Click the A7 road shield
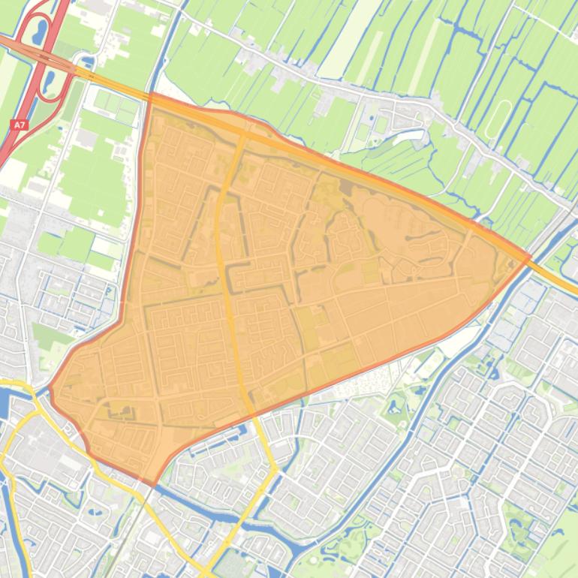pos(19,125)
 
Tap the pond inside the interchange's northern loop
pos(39,31)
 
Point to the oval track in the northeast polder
pos(497,120)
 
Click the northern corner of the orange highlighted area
pos(152,95)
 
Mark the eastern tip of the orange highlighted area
pos(530,256)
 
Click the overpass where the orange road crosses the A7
pos(47,56)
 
